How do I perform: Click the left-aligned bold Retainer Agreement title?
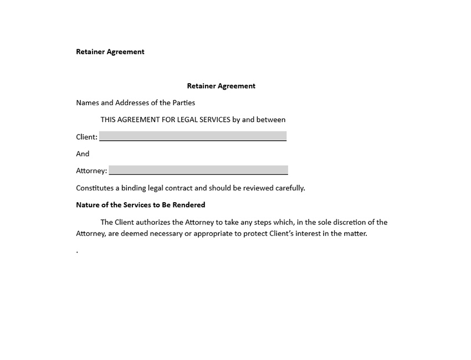click(110, 52)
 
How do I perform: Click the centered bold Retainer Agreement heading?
click(221, 86)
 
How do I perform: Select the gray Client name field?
click(193, 136)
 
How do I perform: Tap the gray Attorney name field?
click(198, 170)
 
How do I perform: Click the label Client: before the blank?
click(86, 137)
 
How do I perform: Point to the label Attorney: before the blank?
click(91, 171)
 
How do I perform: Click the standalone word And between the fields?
click(83, 153)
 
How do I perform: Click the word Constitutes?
click(95, 188)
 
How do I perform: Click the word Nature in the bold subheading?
click(88, 205)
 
